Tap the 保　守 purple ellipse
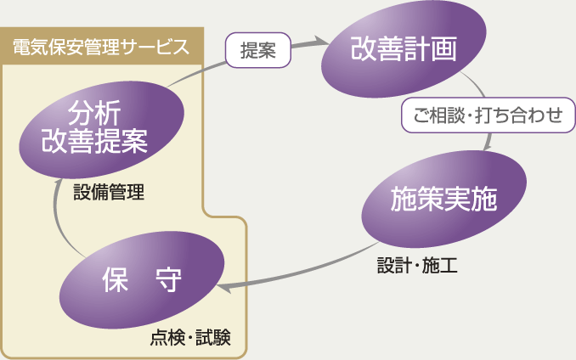click(141, 280)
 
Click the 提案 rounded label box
click(257, 50)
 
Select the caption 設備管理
click(108, 193)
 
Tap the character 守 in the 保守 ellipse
click(169, 281)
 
